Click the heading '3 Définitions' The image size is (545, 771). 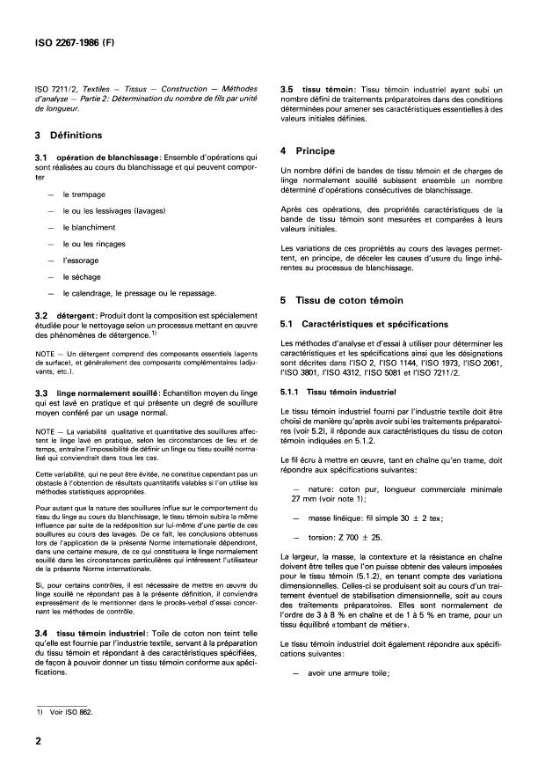71,136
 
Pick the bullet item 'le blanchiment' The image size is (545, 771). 92,228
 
